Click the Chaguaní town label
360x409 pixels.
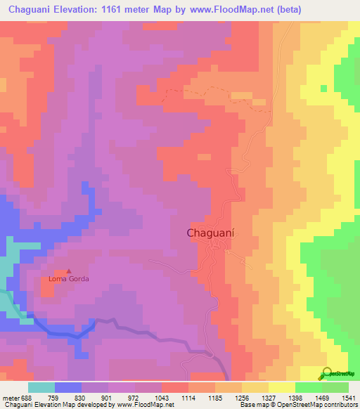pos(210,233)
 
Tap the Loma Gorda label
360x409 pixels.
pos(69,279)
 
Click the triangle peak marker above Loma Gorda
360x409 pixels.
pos(69,271)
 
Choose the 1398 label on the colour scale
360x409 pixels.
pos(294,397)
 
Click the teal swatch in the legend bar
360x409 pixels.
pos(41,387)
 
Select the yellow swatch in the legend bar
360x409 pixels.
pos(281,387)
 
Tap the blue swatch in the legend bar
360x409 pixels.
pos(68,387)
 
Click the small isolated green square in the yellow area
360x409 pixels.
pos(323,89)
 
